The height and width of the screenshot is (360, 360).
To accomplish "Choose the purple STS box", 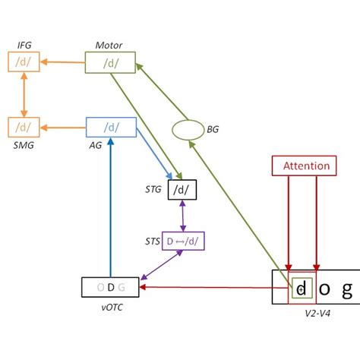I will point(183,242).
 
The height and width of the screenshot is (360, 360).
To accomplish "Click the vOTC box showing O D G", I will point(110,287).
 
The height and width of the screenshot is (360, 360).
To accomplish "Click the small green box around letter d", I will point(301,288).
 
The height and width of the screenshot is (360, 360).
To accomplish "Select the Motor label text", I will point(109,46).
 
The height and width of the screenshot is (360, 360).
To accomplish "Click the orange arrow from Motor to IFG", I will point(62,62).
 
